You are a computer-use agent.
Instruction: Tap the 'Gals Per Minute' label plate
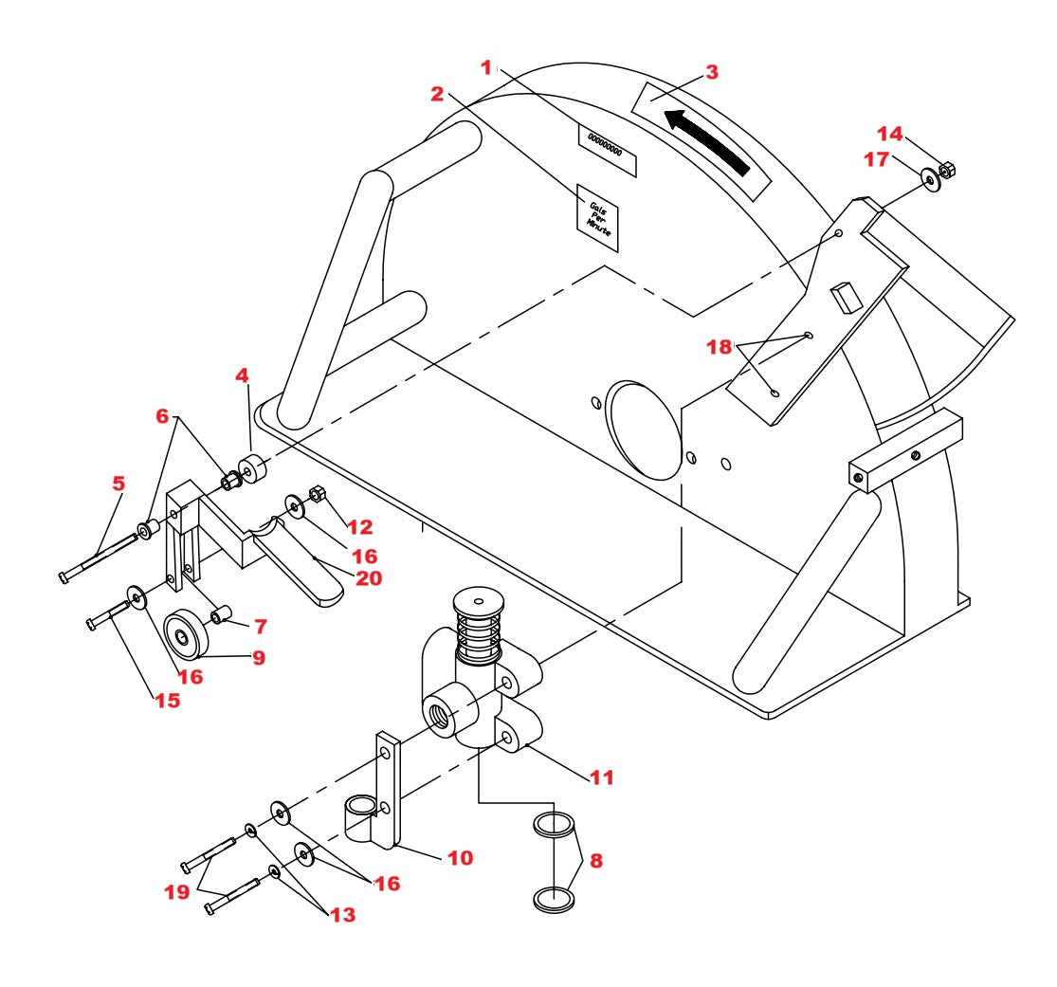(x=598, y=219)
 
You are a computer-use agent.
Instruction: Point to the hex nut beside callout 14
(x=945, y=172)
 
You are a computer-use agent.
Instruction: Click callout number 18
(x=720, y=347)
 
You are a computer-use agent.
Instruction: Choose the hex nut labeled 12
(x=319, y=495)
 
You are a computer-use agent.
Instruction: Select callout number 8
(x=597, y=861)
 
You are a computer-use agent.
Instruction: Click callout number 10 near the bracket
(x=460, y=857)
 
